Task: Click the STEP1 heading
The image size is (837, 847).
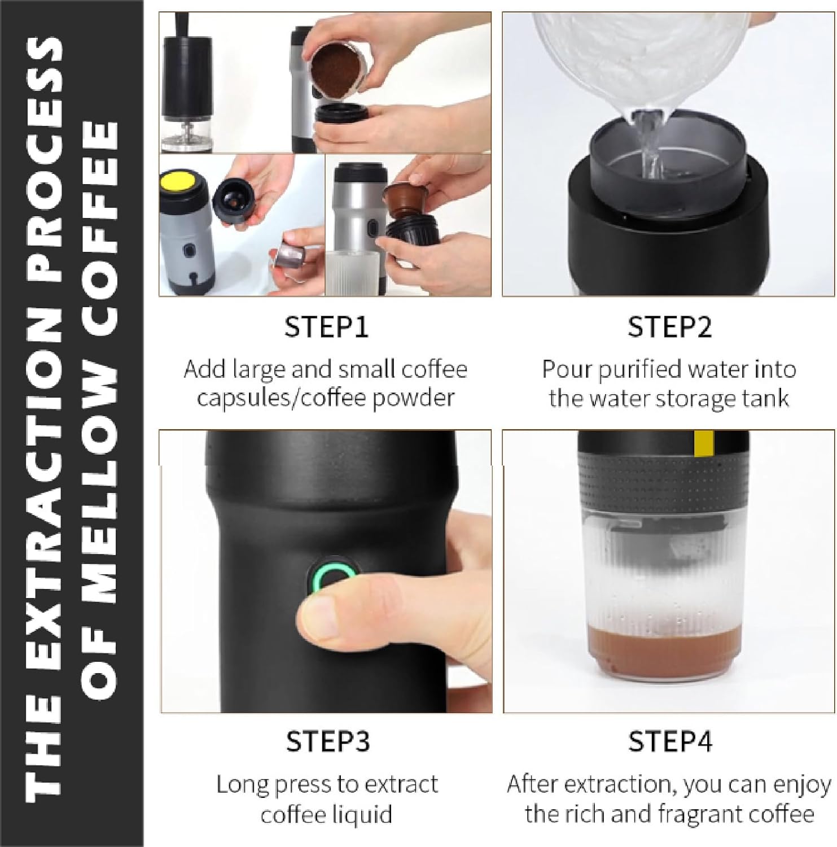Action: pos(326,327)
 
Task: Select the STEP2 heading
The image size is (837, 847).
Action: pos(669,327)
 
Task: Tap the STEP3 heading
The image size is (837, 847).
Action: pos(327,741)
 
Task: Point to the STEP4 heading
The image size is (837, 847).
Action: pos(670,741)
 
